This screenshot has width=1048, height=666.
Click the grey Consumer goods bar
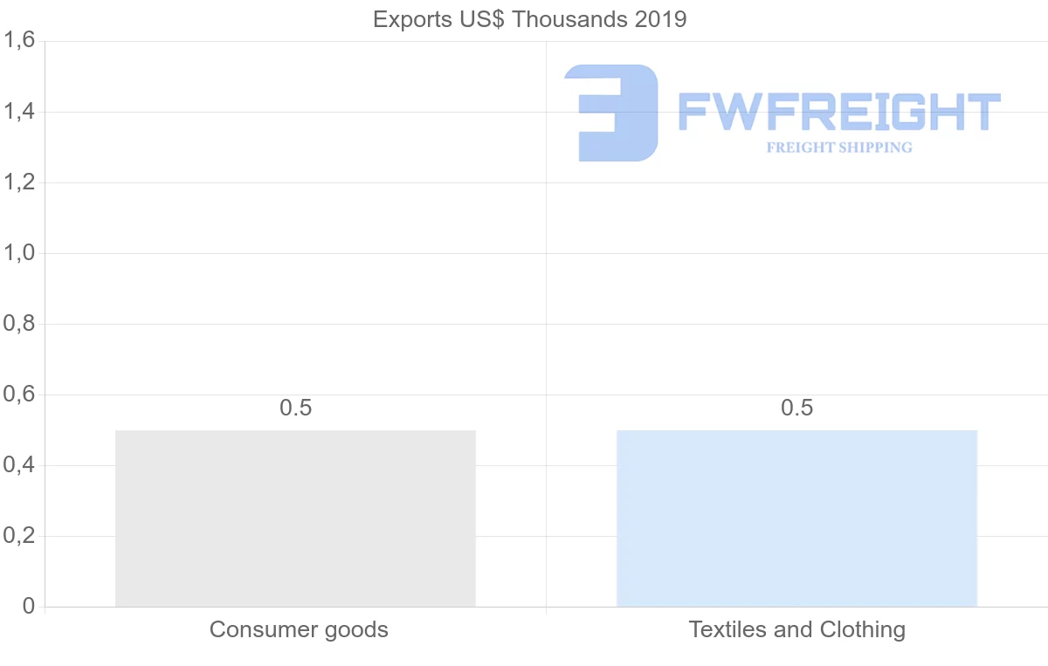[295, 518]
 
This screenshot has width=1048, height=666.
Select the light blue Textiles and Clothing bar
[796, 518]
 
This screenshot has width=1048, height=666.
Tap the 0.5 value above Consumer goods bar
[295, 408]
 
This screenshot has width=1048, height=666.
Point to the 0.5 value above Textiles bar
[796, 408]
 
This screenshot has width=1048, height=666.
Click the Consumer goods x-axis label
[299, 629]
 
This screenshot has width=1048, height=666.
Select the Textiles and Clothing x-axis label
[796, 629]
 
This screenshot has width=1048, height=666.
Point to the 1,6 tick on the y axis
[19, 41]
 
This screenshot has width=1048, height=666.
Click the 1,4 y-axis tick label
[19, 112]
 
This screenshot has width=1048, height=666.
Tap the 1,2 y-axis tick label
[19, 182]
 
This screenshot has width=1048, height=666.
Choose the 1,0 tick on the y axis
[19, 253]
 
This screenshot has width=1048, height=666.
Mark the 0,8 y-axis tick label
[19, 324]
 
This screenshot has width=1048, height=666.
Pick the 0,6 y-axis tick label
[19, 395]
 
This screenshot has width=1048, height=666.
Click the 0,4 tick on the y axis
[19, 465]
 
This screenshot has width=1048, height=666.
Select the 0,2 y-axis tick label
[19, 536]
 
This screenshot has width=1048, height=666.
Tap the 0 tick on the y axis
[29, 607]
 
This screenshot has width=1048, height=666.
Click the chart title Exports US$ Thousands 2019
[529, 19]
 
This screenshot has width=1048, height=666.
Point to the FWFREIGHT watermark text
[838, 112]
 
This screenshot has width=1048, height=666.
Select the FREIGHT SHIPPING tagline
[838, 148]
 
